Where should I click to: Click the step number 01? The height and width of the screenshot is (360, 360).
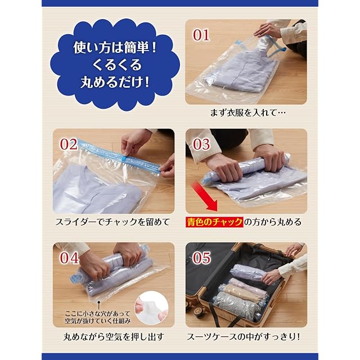(201, 35)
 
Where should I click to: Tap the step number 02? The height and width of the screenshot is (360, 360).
(69, 144)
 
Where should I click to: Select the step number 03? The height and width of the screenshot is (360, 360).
(201, 144)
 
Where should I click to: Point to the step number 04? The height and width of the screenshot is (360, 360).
(69, 258)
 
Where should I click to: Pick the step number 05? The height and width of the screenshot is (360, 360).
(201, 258)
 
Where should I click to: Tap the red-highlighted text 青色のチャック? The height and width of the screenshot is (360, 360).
(214, 222)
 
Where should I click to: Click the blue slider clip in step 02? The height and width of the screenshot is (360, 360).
(124, 158)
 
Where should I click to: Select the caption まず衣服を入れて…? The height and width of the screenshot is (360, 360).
(248, 112)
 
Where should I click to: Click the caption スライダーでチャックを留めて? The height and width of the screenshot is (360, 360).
(112, 222)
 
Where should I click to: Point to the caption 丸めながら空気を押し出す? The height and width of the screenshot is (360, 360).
(114, 337)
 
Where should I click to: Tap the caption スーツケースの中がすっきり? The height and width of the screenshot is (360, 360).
(244, 337)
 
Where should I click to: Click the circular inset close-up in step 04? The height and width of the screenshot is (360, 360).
(151, 308)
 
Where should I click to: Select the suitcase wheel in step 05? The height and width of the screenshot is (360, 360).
(197, 311)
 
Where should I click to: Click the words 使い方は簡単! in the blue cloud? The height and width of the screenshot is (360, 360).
(115, 48)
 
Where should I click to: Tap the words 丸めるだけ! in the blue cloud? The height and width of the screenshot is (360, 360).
(115, 82)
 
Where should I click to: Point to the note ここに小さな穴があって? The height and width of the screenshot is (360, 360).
(97, 314)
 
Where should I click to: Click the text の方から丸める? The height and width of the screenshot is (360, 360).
(272, 222)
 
